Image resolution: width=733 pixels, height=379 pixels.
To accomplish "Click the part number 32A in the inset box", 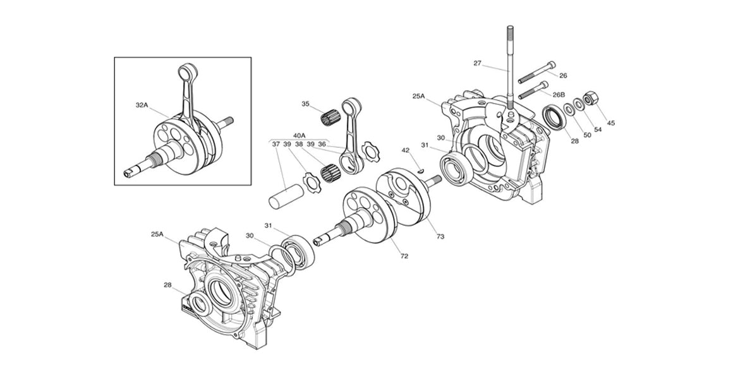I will coord(141,105).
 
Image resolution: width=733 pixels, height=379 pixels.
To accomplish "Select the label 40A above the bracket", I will coord(299,135).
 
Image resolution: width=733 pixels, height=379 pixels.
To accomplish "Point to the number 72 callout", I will coord(404,256).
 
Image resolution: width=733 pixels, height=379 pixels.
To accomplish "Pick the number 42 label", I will coord(406,150).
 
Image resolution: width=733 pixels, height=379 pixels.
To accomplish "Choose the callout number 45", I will coord(610,123).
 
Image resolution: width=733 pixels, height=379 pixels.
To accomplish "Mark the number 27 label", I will coord(477,63).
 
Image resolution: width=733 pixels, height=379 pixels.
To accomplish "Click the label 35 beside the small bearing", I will coord(306,104).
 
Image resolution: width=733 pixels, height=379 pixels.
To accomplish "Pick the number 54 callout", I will coord(598,129).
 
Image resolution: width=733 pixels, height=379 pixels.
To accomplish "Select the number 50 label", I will coord(587,135).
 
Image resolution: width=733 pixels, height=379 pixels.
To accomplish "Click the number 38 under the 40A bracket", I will coord(299,144).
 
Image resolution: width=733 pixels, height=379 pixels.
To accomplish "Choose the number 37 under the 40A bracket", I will coord(276,144).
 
